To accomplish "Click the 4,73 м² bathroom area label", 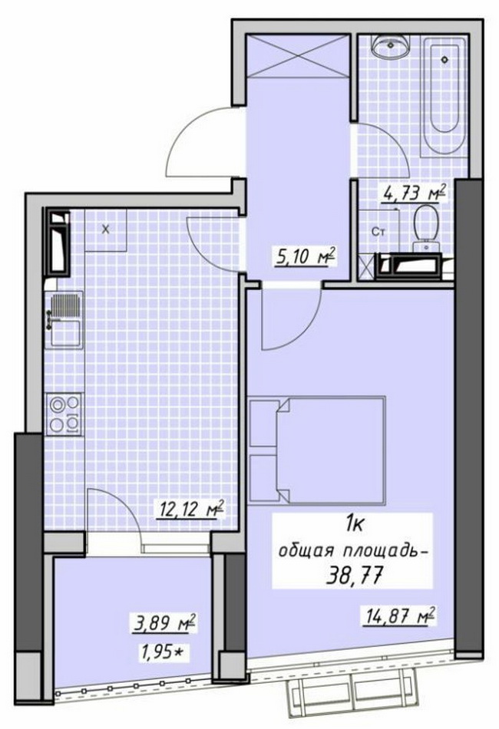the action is [415, 193].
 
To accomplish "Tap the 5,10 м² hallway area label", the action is [306, 256].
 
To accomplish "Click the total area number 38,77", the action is [355, 576].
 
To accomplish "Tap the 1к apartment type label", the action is [355, 525].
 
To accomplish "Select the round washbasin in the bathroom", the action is [390, 46].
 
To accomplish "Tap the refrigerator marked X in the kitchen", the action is [106, 229].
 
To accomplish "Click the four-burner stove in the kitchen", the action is [64, 414].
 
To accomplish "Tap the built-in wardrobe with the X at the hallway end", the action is [298, 54].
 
